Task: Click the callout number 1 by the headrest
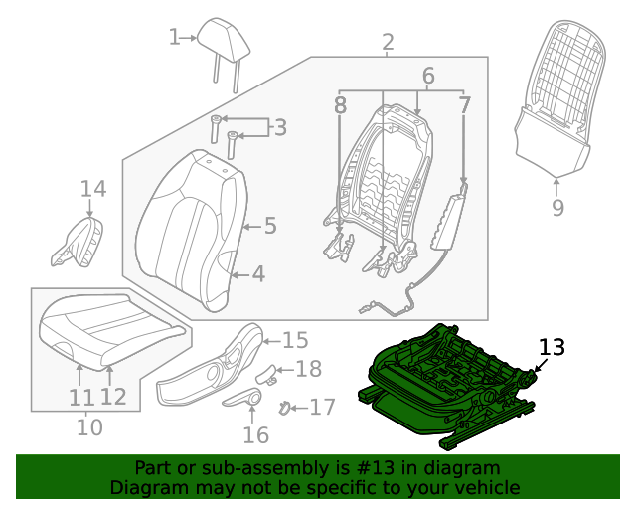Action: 175,37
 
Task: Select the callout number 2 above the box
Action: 388,42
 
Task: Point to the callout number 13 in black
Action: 552,347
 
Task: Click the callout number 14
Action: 92,188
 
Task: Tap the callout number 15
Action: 295,340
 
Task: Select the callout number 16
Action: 255,434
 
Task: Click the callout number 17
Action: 322,407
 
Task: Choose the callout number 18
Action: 309,369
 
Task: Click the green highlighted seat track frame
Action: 447,383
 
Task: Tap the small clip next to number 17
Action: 285,406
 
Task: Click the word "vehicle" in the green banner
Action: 485,487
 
